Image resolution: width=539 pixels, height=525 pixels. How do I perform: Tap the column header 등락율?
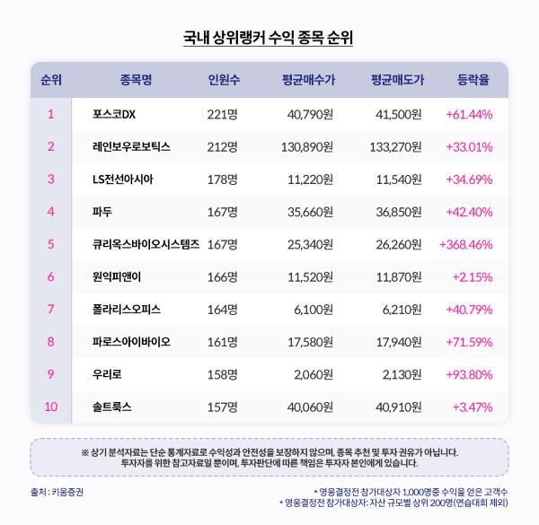coord(473,80)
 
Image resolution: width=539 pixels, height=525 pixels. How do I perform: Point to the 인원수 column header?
coord(223,80)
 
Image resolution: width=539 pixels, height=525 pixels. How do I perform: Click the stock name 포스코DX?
coord(113,114)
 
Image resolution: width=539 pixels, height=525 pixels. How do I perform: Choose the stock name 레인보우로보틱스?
coord(131,146)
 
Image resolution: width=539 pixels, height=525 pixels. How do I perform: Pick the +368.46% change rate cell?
coord(466,244)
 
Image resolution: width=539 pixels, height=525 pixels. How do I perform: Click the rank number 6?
coord(51,276)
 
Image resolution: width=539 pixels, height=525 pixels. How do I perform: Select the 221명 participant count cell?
coord(222,114)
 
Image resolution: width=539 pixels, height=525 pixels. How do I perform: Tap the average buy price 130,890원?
coord(306,146)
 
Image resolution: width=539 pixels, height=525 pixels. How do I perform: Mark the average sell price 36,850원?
coord(395,212)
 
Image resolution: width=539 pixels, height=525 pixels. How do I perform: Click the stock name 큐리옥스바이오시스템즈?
coord(146,244)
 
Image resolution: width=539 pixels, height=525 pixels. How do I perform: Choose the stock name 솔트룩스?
coord(111,407)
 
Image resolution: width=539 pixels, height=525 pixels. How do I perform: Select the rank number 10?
coord(51,407)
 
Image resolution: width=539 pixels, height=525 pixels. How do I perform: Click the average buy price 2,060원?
coord(315,374)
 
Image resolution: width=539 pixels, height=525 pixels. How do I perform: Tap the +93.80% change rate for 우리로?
coord(469,374)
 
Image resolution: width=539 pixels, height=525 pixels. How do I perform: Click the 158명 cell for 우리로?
coord(222,374)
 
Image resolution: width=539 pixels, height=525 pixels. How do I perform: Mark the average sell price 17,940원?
coord(395,342)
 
